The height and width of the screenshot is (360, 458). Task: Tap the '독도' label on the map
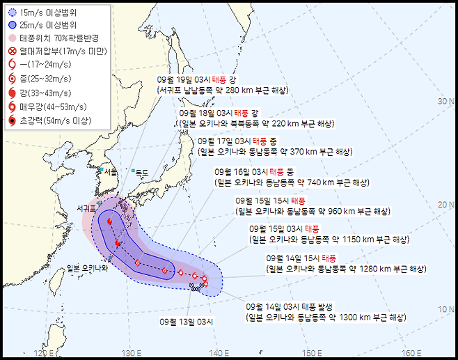142,172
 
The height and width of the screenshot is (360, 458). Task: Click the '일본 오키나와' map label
88,269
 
